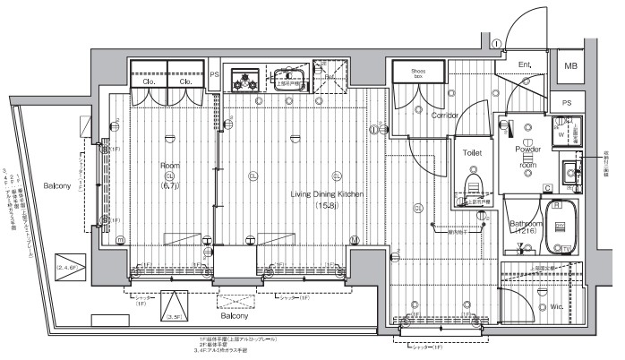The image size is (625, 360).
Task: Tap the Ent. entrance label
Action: point(527,65)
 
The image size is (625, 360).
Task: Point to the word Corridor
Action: point(445,116)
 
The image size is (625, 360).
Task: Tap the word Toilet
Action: point(472,153)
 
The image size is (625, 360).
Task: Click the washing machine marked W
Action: point(562,134)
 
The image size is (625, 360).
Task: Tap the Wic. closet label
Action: point(554,307)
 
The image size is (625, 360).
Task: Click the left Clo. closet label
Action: point(148,82)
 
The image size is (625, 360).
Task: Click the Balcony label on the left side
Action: point(57,185)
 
